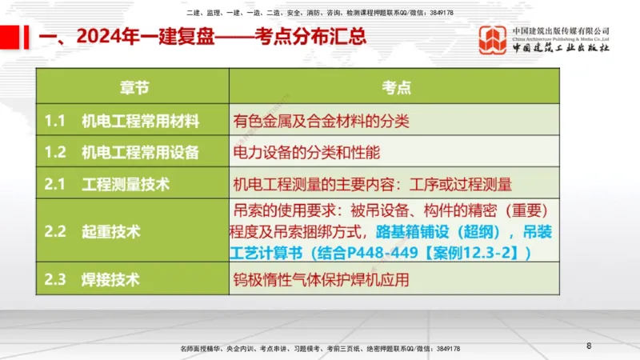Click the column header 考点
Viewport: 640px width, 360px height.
pyautogui.click(x=395, y=86)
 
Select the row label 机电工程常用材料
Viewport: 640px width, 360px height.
pyautogui.click(x=140, y=121)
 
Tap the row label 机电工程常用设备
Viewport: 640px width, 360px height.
pyautogui.click(x=140, y=152)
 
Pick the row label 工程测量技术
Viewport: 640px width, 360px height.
pyautogui.click(x=126, y=184)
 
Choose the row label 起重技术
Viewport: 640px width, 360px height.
pyautogui.click(x=110, y=232)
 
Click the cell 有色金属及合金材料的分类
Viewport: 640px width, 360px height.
pyautogui.click(x=321, y=121)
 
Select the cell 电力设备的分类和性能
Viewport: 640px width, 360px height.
pyautogui.click(x=306, y=152)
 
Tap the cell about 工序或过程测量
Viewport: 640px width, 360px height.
pyautogui.click(x=372, y=184)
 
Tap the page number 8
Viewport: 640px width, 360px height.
pyautogui.click(x=589, y=346)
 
